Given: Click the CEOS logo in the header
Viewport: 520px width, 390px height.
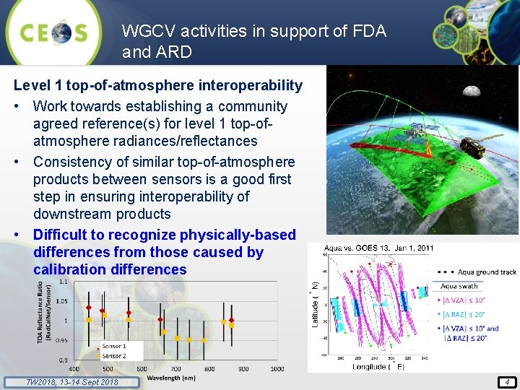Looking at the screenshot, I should coord(53,32).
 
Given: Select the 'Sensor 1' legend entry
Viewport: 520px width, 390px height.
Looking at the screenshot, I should coord(113,346).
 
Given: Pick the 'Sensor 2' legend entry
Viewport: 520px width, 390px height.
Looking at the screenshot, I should coord(113,355).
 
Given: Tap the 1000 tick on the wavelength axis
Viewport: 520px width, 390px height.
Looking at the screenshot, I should coord(277,369).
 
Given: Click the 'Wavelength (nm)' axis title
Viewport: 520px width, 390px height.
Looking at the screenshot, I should coord(170,377).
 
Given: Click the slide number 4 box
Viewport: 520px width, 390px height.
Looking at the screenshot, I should coord(508,382).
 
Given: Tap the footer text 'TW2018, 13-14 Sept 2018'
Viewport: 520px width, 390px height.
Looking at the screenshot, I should coord(62,382).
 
